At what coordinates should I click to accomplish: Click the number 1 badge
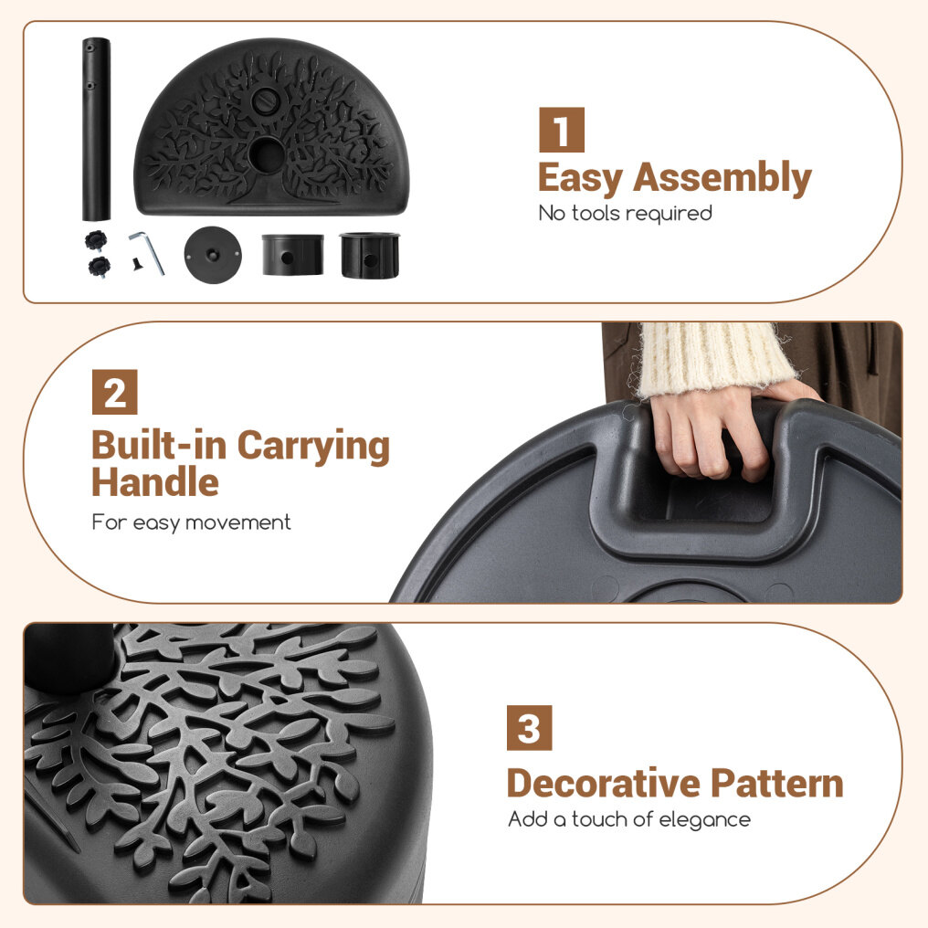pos(562,130)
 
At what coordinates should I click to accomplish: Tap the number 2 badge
pos(115,392)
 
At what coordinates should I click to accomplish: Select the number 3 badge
pos(529,727)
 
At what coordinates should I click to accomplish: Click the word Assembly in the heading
pos(722,178)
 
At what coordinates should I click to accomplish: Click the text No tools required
pos(625,214)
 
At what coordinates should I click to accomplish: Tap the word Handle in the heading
pos(155,481)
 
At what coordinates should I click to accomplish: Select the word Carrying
pos(313,447)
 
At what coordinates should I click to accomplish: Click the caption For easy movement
pos(191,522)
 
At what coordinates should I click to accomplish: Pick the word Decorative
pos(604,784)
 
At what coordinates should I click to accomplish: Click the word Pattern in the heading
pos(777,784)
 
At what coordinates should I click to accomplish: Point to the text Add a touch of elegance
pos(629,819)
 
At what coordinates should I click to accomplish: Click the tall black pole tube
pos(96,129)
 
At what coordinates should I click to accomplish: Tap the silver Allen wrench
pos(147,253)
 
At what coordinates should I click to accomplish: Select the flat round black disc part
pos(213,255)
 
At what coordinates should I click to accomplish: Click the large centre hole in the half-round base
pos(267,153)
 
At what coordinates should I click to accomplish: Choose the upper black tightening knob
pos(95,241)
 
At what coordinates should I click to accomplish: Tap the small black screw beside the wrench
pos(138,264)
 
